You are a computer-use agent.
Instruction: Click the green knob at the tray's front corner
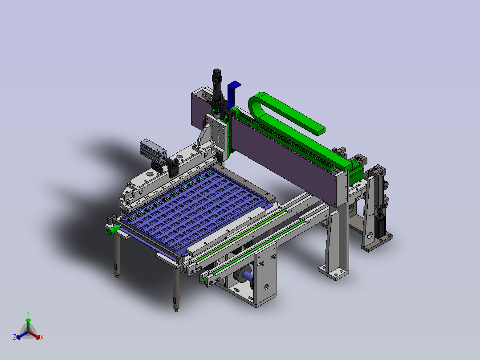114,229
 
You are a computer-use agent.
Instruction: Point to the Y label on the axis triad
28,313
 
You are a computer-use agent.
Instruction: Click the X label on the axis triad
42,337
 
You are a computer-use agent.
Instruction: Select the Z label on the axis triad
14,337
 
